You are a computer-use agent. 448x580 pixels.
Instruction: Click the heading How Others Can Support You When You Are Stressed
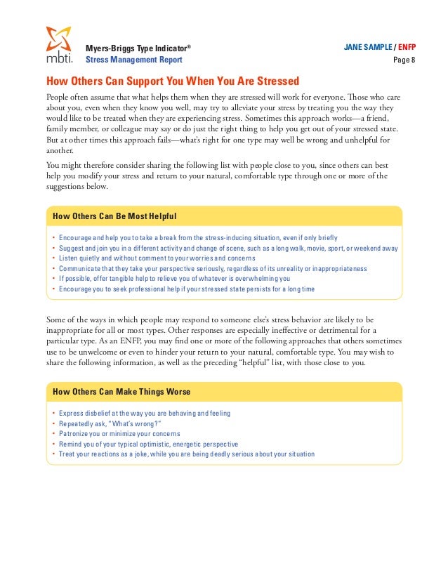pos(173,81)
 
